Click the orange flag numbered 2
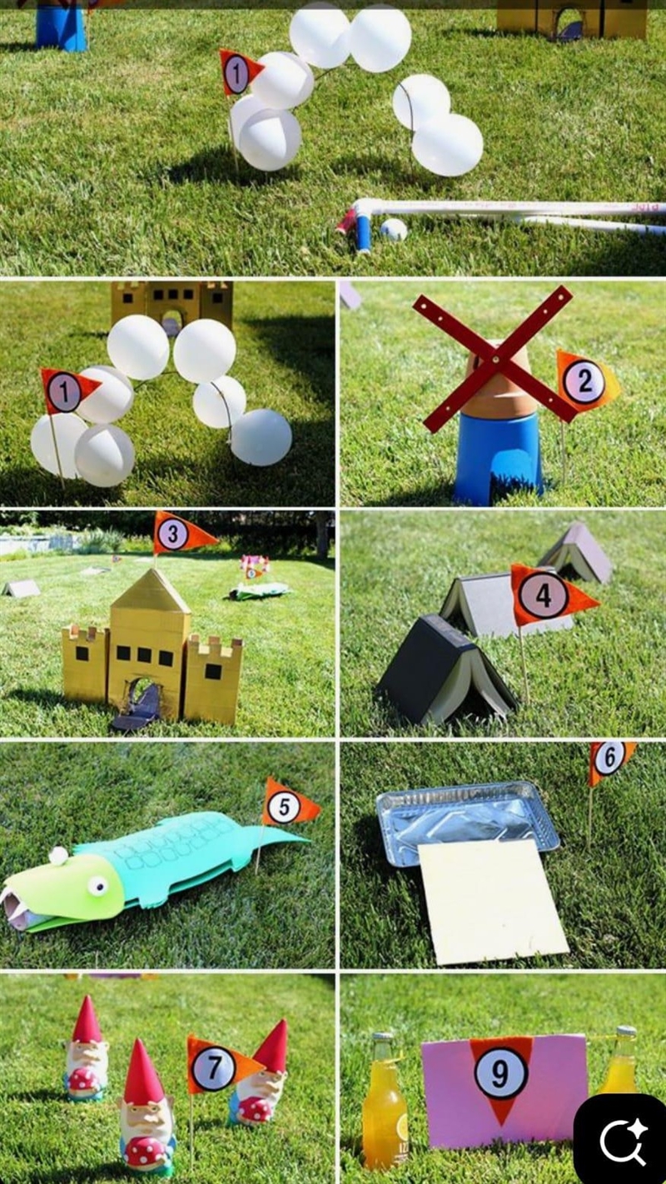[585, 382]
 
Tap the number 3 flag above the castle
[181, 534]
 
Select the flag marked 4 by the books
[549, 595]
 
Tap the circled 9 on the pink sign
[500, 1072]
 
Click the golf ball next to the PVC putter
[394, 230]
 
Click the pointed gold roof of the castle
[152, 591]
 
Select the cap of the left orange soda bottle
[381, 1037]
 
